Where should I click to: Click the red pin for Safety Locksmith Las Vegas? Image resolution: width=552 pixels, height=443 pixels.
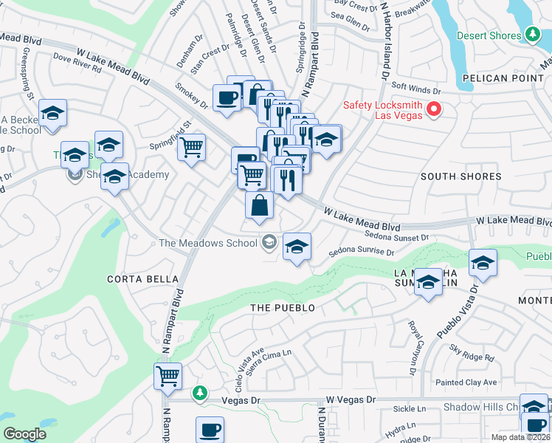tap(433, 110)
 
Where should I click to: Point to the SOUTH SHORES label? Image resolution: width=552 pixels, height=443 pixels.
tap(460, 176)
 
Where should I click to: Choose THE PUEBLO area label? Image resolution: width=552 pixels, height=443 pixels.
tap(283, 308)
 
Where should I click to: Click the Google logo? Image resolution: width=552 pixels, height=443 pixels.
tap(24, 434)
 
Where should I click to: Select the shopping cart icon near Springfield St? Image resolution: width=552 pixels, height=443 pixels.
tap(192, 147)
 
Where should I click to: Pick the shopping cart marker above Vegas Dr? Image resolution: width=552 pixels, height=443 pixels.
tap(168, 375)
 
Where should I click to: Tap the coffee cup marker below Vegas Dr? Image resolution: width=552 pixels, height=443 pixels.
tap(210, 429)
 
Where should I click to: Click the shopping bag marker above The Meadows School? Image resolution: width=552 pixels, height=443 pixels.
tap(259, 205)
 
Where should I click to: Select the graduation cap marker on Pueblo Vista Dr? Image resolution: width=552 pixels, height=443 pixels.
tap(483, 263)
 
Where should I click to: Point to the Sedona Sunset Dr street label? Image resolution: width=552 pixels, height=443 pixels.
tap(396, 237)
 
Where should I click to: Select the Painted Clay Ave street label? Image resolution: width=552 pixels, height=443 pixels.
tap(466, 382)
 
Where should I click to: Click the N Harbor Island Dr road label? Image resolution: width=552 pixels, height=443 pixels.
tap(384, 41)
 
